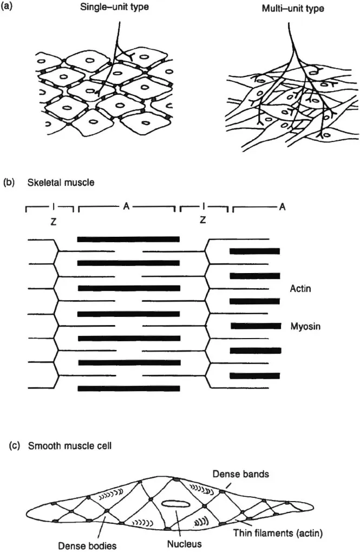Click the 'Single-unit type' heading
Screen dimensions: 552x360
click(114, 8)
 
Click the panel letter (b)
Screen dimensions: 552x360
click(9, 183)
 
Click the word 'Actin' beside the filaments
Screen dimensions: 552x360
click(301, 290)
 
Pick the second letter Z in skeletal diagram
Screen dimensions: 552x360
click(202, 220)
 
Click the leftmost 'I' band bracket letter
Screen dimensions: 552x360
click(52, 206)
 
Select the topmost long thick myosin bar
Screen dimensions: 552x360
click(128, 238)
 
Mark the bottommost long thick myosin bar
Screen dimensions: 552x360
click(128, 388)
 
